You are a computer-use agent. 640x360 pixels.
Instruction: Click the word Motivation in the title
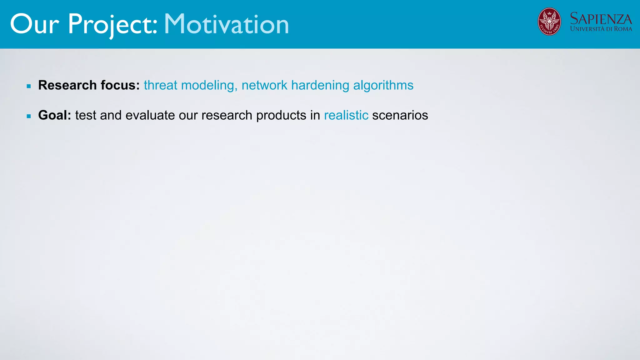226,24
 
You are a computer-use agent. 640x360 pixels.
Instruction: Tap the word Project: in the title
112,24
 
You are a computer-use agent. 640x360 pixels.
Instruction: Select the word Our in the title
34,24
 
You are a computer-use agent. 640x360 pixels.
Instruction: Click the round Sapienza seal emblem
549,22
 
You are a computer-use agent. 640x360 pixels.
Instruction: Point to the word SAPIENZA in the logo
601,19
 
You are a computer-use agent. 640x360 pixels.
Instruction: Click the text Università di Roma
601,29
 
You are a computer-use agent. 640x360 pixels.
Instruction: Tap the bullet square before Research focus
29,86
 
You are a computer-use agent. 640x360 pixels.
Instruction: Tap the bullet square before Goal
29,116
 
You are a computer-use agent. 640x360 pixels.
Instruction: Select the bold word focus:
120,85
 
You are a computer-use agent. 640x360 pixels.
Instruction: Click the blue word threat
160,85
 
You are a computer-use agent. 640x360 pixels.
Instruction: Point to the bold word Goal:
55,115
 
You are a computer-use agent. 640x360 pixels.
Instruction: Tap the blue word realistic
346,115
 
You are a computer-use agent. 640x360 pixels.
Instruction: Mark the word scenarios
400,115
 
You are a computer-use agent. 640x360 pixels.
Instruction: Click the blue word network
264,85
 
